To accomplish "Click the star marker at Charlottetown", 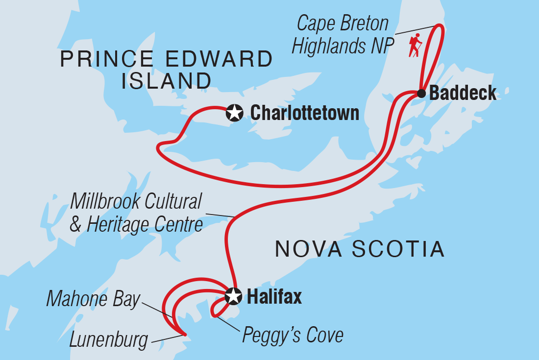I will coord(235,113).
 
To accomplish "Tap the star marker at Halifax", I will coord(234,296).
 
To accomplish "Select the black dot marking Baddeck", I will coord(421,93).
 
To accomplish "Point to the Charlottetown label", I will coord(305,113).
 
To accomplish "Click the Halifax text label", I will coord(274,296).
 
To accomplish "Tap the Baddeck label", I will coord(463,93).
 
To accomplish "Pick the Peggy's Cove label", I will coord(293,336).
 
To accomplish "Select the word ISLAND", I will coord(167,80).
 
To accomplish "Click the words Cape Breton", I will coord(343,24).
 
